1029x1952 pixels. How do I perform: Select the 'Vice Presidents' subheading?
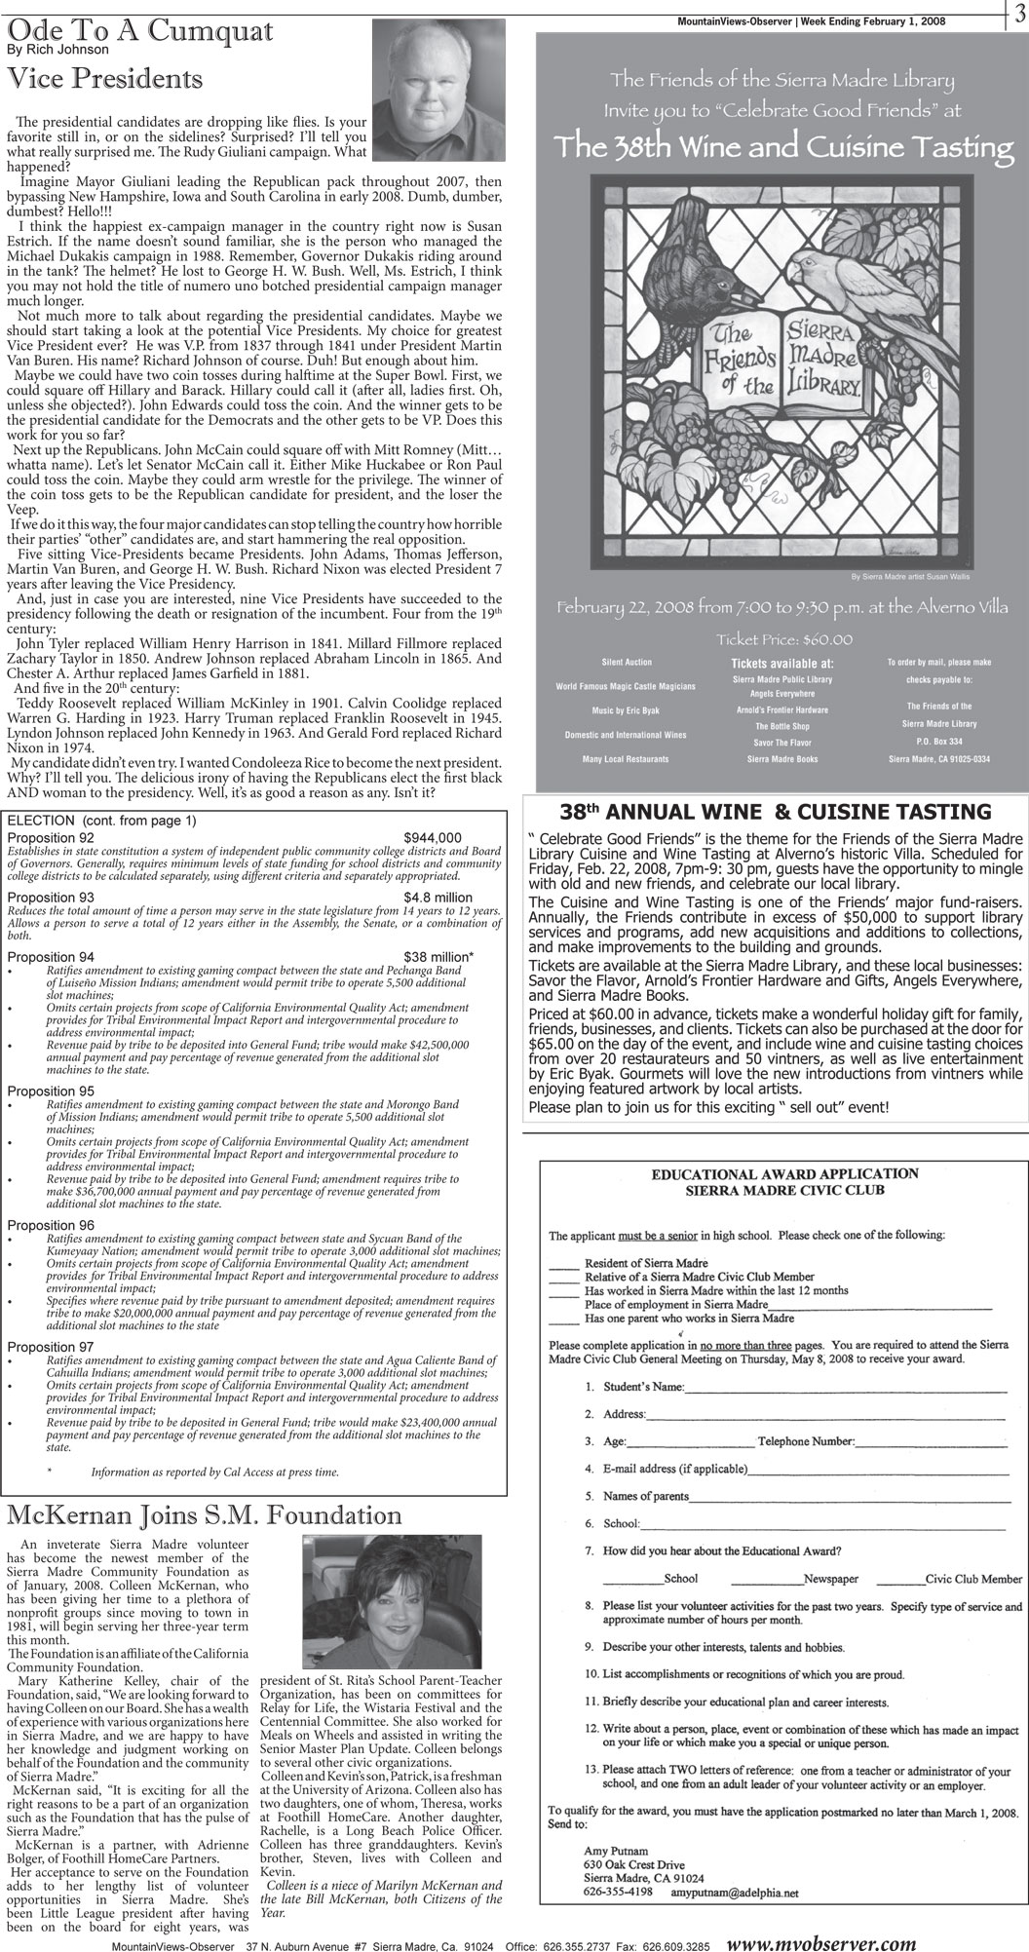pos(105,79)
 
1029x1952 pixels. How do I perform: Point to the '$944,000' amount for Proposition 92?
pos(433,837)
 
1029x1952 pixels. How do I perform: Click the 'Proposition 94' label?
pos(51,957)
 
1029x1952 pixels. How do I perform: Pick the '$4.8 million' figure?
pos(438,897)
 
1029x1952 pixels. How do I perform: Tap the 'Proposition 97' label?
pos(51,1347)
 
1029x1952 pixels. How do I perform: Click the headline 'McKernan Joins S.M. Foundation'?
pos(204,1515)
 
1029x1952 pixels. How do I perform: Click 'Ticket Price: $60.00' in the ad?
pos(784,639)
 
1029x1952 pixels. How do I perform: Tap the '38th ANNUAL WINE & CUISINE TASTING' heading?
pos(776,812)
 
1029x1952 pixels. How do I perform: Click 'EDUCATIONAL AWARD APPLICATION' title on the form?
pos(784,1173)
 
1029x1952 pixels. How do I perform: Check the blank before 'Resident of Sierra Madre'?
pos(563,1264)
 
